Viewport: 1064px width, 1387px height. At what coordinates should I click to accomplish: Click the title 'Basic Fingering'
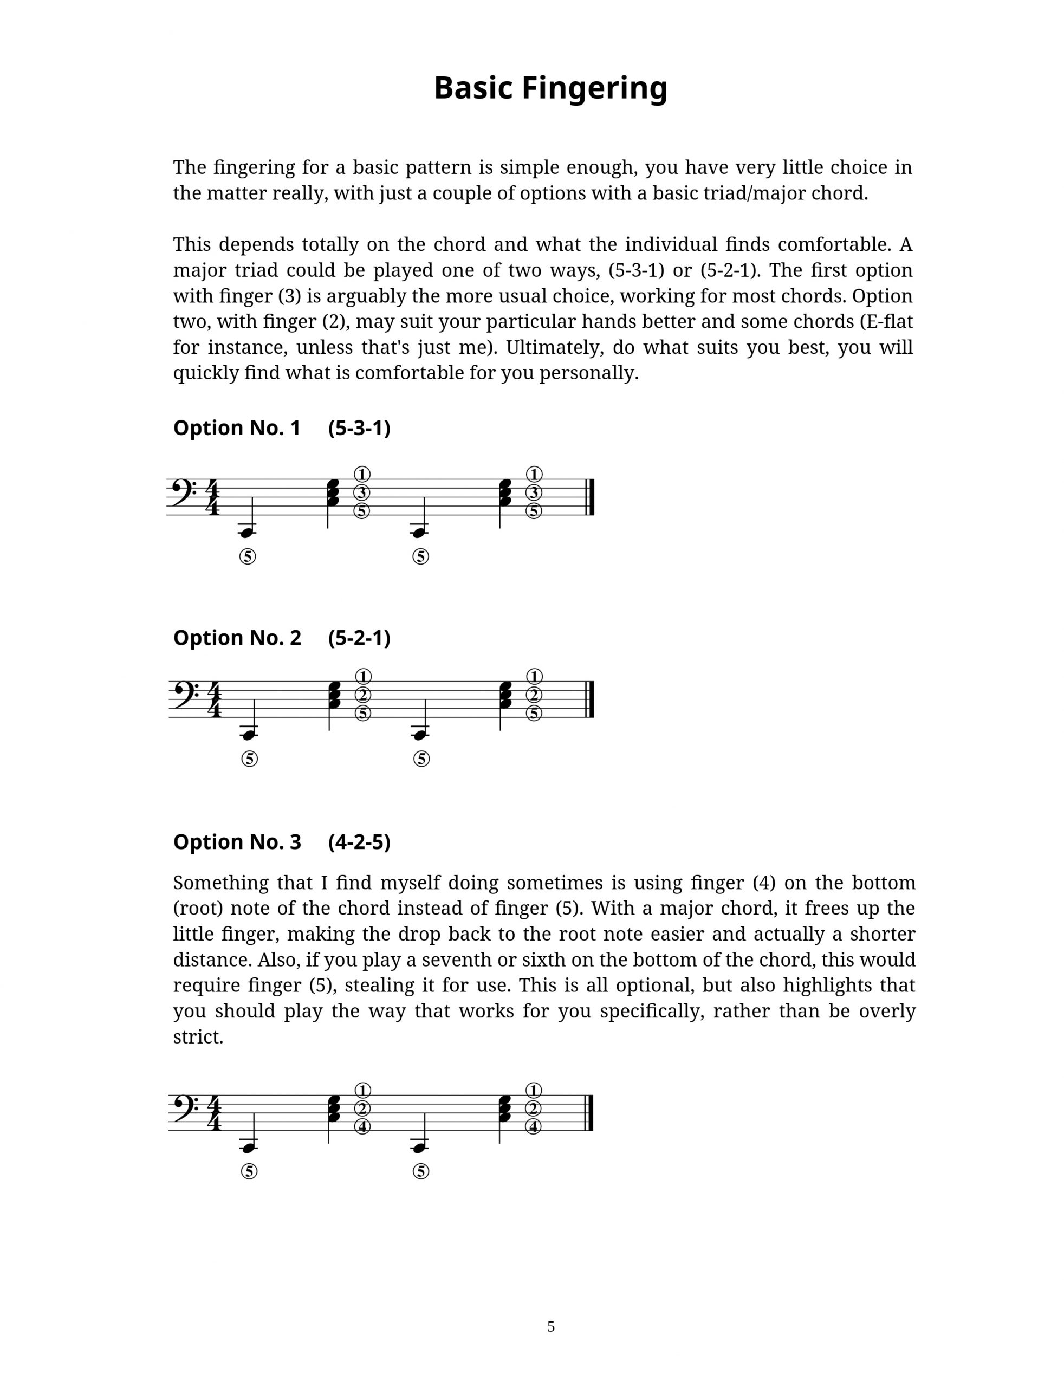pyautogui.click(x=550, y=88)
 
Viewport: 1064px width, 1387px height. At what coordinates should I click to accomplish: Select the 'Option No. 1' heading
pyautogui.click(x=237, y=428)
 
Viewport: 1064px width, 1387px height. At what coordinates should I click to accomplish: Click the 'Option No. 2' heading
pyautogui.click(x=237, y=638)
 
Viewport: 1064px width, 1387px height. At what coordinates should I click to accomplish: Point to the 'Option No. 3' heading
pyautogui.click(x=237, y=842)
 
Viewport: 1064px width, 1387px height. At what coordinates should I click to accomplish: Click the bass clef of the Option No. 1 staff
pyautogui.click(x=184, y=492)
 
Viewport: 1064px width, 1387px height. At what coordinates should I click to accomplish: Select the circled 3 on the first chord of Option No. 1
pyautogui.click(x=362, y=492)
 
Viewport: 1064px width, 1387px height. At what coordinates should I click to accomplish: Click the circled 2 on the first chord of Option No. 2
pyautogui.click(x=362, y=695)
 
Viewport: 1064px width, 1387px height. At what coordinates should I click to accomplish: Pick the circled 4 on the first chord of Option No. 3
pyautogui.click(x=362, y=1127)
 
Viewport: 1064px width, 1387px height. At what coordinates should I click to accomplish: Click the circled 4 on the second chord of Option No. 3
pyautogui.click(x=534, y=1127)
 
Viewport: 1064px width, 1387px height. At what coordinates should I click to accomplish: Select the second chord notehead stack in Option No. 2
pyautogui.click(x=505, y=696)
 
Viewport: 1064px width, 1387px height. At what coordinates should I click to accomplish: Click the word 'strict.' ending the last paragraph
pyautogui.click(x=198, y=1037)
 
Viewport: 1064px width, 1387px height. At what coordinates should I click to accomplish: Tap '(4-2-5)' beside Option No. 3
pyautogui.click(x=359, y=842)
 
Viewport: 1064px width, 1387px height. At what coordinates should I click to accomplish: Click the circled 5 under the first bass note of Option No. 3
pyautogui.click(x=250, y=1172)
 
